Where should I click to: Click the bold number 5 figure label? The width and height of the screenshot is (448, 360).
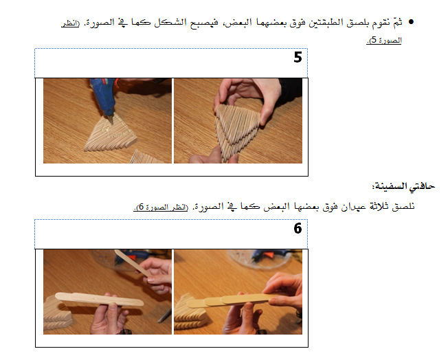pos(298,57)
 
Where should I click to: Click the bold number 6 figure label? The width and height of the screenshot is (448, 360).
pos(298,228)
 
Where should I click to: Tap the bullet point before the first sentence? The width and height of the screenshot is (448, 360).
pos(411,22)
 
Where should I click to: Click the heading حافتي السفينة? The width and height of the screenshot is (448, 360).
pos(403,186)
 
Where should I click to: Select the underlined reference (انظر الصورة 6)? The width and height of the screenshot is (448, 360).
pos(161,207)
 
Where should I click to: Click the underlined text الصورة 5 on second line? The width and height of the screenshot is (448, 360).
pos(384,41)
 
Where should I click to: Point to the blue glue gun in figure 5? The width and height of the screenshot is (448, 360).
pos(104,97)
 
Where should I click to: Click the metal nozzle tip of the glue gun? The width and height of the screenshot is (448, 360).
pos(110,120)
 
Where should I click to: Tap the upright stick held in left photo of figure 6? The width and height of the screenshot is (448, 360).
pos(133,263)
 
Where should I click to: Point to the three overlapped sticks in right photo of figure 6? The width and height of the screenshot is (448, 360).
pos(229,300)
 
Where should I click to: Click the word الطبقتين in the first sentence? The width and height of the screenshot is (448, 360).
pos(317,22)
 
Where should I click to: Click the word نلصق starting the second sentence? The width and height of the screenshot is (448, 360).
pos(403,206)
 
